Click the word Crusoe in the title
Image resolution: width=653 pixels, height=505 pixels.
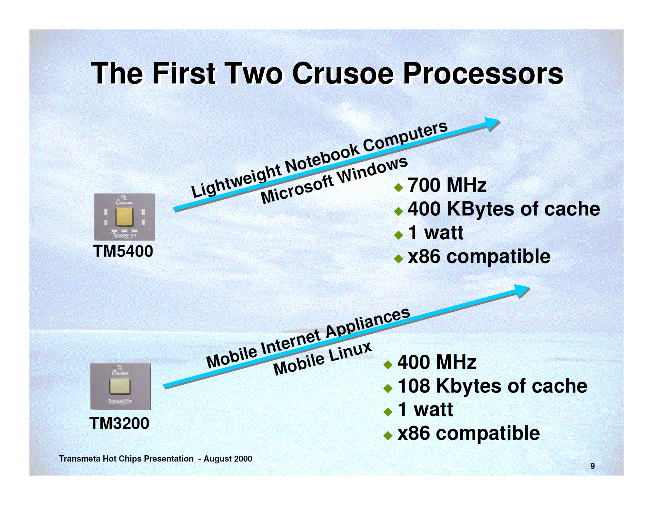(x=343, y=73)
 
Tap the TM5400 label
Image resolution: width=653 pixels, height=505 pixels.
(x=123, y=251)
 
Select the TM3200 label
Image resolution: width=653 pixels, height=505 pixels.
(x=119, y=423)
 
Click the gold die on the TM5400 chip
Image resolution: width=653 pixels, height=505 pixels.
(x=124, y=216)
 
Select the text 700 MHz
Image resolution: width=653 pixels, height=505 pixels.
(x=447, y=185)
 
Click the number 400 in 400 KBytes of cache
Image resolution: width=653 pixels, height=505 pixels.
(x=424, y=209)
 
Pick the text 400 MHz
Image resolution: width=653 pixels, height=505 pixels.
(x=437, y=362)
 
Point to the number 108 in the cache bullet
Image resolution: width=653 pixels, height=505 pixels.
(x=414, y=386)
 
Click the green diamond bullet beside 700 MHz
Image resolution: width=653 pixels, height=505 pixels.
(x=399, y=187)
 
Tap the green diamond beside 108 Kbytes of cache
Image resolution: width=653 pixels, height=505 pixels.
(x=388, y=388)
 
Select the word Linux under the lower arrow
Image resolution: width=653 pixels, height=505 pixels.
(x=351, y=352)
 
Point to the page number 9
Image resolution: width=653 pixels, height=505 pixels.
(x=593, y=466)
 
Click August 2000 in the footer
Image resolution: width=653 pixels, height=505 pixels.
(x=228, y=459)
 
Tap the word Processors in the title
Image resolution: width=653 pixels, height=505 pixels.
(x=483, y=73)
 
